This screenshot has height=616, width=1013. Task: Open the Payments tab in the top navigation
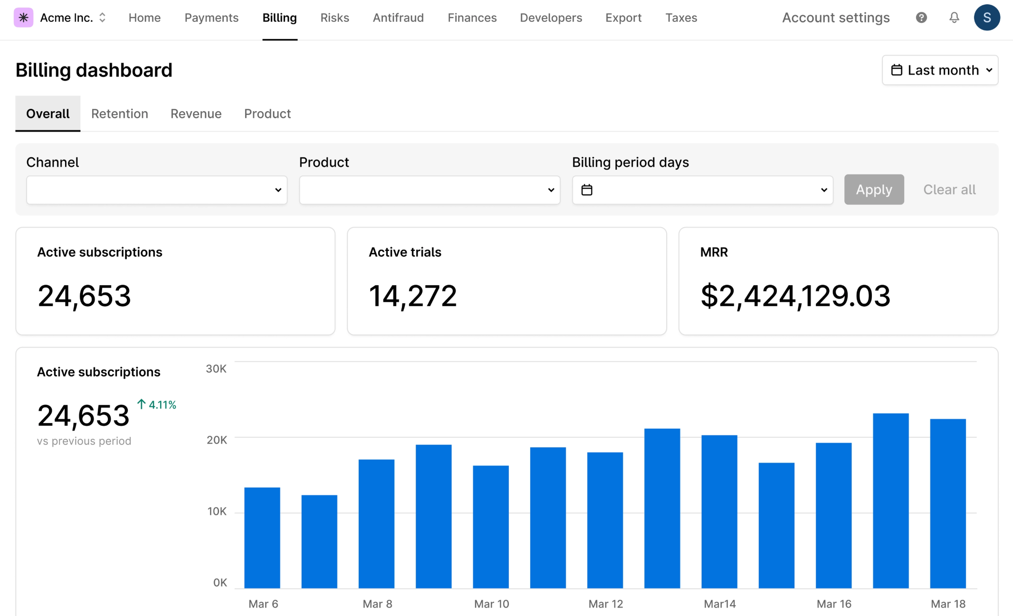[x=211, y=18]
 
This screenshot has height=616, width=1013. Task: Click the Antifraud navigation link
[x=398, y=18]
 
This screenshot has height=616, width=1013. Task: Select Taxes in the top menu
[x=681, y=18]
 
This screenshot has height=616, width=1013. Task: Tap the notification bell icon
[x=954, y=18]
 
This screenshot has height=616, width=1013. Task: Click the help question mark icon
[x=921, y=18]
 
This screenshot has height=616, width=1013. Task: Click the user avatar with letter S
[x=987, y=18]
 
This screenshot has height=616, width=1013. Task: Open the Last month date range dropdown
[x=940, y=70]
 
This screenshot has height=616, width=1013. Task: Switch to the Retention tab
[x=120, y=114]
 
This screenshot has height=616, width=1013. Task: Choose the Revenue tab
[x=196, y=114]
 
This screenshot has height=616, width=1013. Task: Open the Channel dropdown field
[x=157, y=190]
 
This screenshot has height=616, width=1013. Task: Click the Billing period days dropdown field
[x=702, y=190]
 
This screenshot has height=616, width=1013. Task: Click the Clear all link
[x=949, y=190]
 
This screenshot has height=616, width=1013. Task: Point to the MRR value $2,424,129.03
[x=795, y=296]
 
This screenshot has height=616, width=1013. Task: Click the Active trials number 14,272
[x=412, y=296]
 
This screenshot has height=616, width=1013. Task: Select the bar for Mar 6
[x=262, y=538]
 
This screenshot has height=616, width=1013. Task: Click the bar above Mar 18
[x=948, y=503]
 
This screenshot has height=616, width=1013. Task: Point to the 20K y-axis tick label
[x=217, y=440]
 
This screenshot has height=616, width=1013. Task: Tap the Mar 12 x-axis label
[x=605, y=604]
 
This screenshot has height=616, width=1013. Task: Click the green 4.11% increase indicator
[x=157, y=404]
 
